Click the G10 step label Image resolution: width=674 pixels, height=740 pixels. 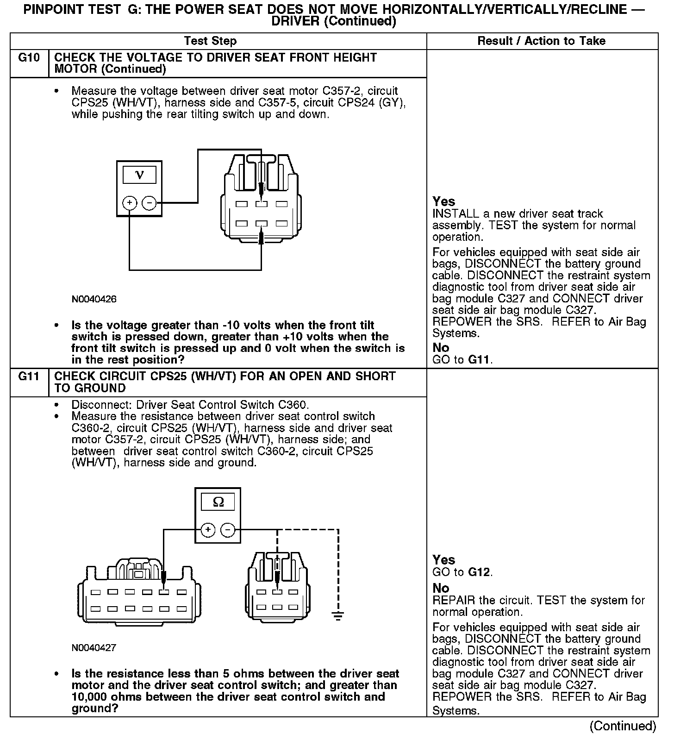[29, 58]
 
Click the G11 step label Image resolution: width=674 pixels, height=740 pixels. [29, 376]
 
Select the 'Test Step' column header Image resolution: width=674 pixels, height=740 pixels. [210, 41]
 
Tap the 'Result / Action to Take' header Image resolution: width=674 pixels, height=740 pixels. [541, 41]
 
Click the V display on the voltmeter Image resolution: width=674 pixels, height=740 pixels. [139, 175]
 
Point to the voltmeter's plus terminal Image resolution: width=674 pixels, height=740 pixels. [130, 203]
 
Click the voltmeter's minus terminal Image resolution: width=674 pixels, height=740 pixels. [149, 203]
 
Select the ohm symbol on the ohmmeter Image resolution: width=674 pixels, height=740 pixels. [218, 502]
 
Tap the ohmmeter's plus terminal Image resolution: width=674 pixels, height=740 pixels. [208, 530]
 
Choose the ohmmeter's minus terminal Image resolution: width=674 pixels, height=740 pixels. [227, 530]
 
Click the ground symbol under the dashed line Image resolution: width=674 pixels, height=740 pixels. [338, 616]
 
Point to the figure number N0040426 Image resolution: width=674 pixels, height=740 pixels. [94, 299]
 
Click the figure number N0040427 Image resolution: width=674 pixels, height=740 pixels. [94, 648]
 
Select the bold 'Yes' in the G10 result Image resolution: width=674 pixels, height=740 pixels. [443, 201]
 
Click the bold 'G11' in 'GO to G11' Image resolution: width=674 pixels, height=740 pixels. [480, 359]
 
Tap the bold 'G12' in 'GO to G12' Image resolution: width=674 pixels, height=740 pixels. [480, 572]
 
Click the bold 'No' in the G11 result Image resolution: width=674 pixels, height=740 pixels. [441, 588]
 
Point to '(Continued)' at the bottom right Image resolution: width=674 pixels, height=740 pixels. [623, 726]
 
